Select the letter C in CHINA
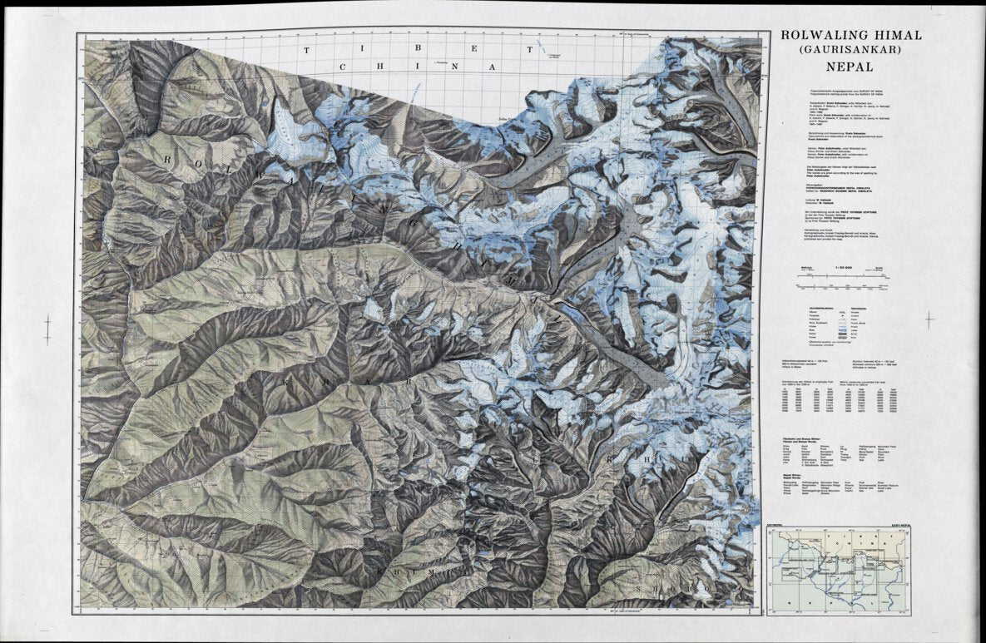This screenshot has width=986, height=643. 342,67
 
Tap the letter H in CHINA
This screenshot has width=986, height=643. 379,67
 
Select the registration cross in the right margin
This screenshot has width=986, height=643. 929,318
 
